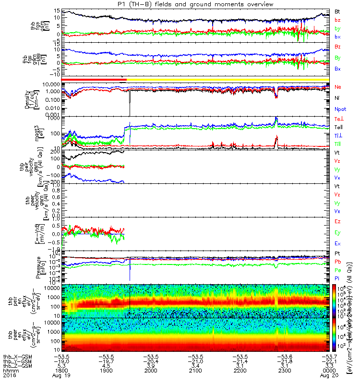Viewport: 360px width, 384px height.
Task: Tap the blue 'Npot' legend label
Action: point(339,109)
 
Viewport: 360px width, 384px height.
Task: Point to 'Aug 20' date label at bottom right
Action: point(329,376)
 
